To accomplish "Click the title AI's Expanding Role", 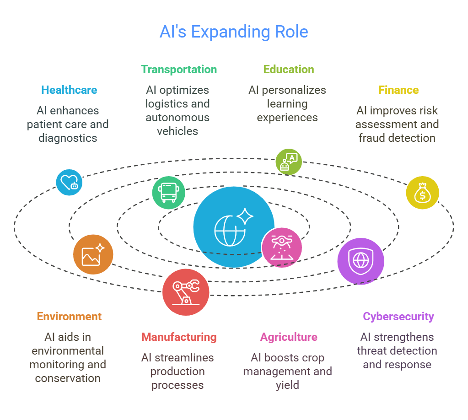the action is (x=234, y=32).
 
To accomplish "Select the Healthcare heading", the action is (x=69, y=90).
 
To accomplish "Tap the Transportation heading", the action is (x=179, y=70).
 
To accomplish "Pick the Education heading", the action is (x=289, y=70).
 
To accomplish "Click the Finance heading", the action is (x=398, y=90).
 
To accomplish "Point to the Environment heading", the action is (x=69, y=317).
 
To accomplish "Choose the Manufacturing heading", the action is (x=179, y=337).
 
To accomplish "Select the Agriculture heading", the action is (x=289, y=337).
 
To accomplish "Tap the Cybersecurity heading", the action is (x=398, y=317).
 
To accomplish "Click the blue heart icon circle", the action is (x=69, y=183).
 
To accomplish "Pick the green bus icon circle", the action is (x=169, y=193).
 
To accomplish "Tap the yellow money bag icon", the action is (x=422, y=193).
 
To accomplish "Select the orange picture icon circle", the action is (x=93, y=254).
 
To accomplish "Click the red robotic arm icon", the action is (x=186, y=292).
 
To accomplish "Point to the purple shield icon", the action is (x=361, y=261).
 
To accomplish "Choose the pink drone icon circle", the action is (x=282, y=248).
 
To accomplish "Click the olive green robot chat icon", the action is (x=289, y=162).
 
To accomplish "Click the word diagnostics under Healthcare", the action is (x=68, y=138).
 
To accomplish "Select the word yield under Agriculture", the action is (x=287, y=385).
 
